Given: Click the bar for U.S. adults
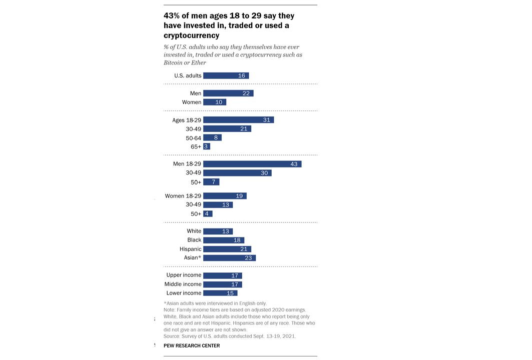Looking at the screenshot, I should [226, 75].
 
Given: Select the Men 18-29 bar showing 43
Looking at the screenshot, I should [252, 164].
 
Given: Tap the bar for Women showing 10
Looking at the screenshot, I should [215, 102].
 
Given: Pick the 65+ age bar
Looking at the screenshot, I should [206, 146].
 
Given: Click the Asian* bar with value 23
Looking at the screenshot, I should [229, 258].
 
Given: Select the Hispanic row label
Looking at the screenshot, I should [190, 249].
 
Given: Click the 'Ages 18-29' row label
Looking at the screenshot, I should [187, 120].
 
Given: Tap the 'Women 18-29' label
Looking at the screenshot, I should [183, 196].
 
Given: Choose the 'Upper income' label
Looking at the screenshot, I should [184, 275].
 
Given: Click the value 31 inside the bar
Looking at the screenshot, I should [267, 120].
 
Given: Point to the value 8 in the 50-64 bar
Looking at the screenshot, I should [216, 137].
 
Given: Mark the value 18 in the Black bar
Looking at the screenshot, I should [237, 240].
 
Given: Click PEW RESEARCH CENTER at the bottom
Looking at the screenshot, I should [192, 345].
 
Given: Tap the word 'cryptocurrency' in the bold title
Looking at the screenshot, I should [191, 35].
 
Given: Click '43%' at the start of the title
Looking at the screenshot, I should [173, 15].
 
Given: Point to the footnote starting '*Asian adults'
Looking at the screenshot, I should [215, 303].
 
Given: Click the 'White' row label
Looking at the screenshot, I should [194, 231].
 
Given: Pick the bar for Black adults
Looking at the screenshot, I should [224, 240].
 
